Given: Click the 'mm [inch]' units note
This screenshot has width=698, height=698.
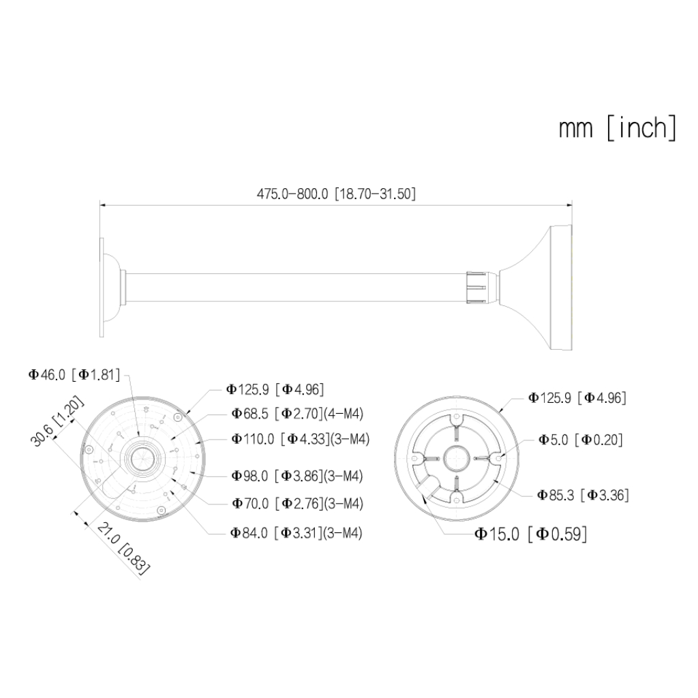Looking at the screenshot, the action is click(x=618, y=127).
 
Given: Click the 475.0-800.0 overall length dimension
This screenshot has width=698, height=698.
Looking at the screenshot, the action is click(x=336, y=194).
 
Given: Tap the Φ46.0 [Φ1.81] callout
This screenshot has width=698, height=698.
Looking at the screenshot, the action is click(x=74, y=375).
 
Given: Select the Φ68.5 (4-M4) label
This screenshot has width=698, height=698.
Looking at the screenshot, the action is click(x=297, y=414).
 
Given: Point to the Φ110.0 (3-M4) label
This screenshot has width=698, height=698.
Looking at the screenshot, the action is click(x=300, y=440).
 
